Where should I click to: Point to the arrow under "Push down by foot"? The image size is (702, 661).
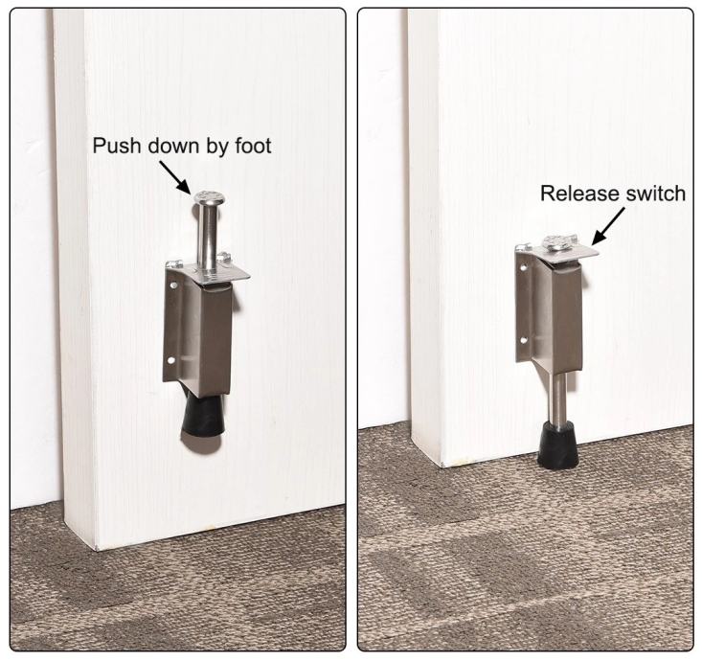(x=174, y=177)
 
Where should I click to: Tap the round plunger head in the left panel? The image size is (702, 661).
(x=208, y=198)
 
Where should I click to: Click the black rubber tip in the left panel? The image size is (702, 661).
(x=204, y=418)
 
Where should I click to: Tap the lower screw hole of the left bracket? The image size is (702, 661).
(x=171, y=359)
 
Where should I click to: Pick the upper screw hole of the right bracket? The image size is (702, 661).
(x=524, y=268)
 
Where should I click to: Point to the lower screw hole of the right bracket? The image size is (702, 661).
(x=523, y=340)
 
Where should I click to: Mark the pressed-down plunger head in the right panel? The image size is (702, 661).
(x=557, y=242)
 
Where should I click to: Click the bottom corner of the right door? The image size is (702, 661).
(x=442, y=467)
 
